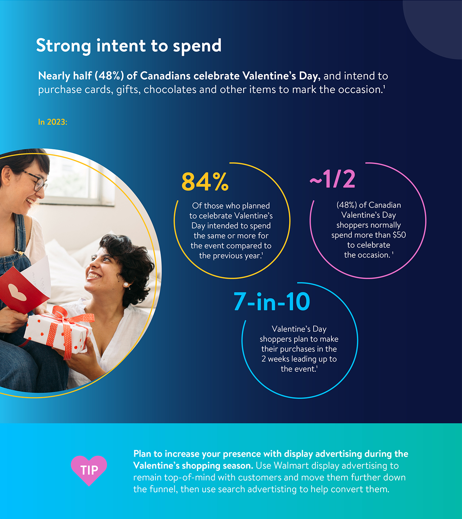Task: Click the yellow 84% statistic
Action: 205,182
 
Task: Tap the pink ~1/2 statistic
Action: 332,179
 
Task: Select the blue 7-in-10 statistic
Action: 272,302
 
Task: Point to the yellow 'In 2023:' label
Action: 53,122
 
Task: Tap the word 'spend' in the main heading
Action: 197,47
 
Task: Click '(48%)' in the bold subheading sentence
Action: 109,76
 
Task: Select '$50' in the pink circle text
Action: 399,235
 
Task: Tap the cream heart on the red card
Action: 17,292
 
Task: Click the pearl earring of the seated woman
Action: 126,285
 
